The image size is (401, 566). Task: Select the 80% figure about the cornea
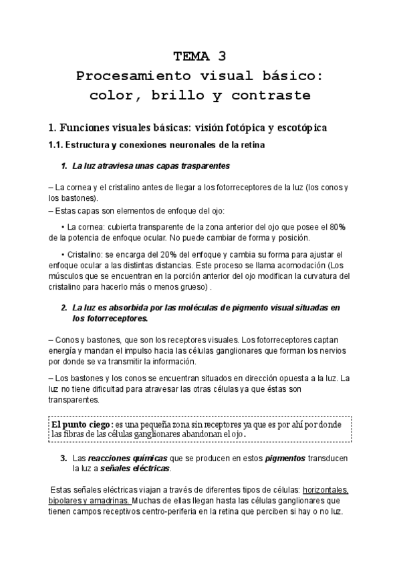click(x=337, y=227)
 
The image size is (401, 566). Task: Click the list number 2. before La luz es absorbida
click(x=64, y=308)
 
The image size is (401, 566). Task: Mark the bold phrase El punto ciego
click(x=81, y=424)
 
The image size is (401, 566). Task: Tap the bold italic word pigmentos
click(x=285, y=459)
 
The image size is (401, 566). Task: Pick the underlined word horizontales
click(x=325, y=489)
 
